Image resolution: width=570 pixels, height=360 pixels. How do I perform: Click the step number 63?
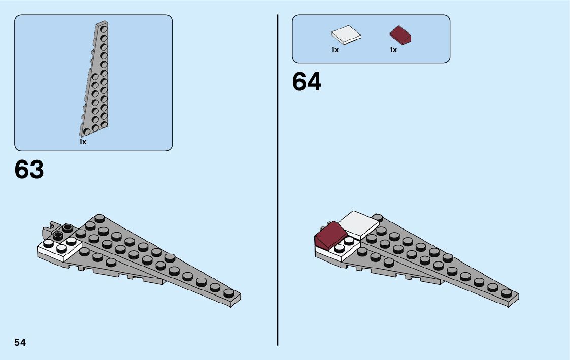29,170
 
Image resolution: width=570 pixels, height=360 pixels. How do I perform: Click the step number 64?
307,82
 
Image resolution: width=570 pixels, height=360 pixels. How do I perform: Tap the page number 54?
20,342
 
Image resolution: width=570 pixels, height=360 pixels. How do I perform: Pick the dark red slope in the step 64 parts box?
401,36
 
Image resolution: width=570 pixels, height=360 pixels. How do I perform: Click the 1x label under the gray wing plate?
83,142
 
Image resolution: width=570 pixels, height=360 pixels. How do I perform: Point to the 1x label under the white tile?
335,50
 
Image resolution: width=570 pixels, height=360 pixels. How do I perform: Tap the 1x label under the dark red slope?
393,50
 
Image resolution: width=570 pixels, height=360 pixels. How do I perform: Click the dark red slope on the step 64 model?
330,237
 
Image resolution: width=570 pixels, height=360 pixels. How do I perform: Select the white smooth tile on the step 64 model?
360,225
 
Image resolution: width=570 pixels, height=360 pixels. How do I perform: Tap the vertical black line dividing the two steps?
278,203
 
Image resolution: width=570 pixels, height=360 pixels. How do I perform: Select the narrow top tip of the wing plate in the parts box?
103,24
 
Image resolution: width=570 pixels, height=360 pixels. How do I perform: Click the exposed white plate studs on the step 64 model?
344,245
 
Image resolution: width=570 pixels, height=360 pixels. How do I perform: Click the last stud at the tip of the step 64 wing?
506,293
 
